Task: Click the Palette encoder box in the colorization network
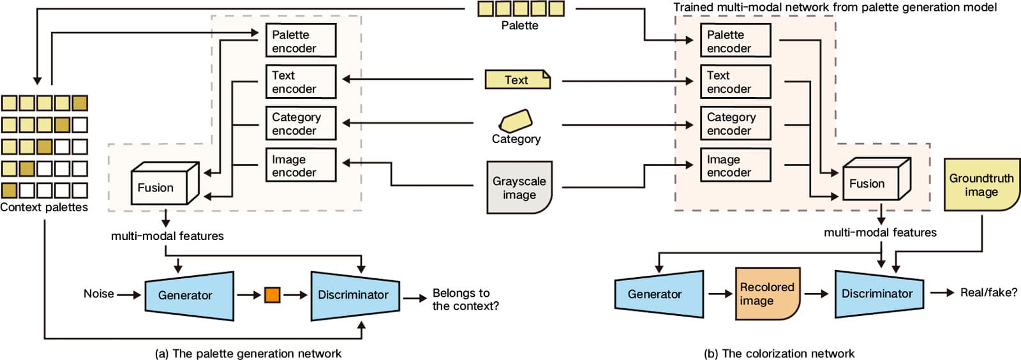(x=735, y=41)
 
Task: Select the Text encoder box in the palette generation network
(x=301, y=82)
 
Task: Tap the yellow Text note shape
(x=518, y=79)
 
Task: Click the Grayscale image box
(x=519, y=187)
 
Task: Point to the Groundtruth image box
(x=981, y=184)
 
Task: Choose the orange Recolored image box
(x=768, y=294)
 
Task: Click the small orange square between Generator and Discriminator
(x=272, y=295)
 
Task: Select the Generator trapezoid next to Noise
(x=189, y=296)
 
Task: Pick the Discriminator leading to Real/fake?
(x=879, y=294)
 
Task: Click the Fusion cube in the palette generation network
(x=165, y=183)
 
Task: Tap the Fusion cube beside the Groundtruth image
(x=877, y=179)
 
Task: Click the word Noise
(x=98, y=294)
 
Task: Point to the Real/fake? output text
(x=988, y=292)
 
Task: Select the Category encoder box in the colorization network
(x=735, y=123)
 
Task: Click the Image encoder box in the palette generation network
(x=301, y=165)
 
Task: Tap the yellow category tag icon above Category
(x=516, y=121)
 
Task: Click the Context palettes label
(x=44, y=207)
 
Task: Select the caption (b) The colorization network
(x=779, y=353)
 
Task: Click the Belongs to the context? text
(x=465, y=299)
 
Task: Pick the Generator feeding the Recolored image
(x=659, y=294)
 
